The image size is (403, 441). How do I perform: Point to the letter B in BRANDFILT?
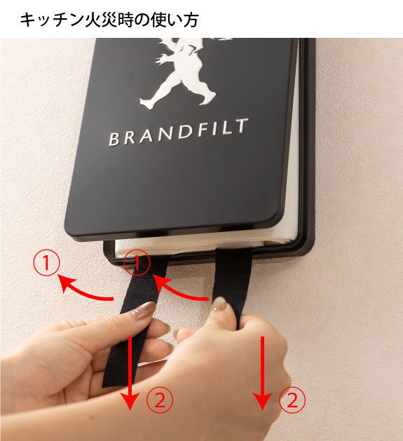pyautogui.click(x=114, y=139)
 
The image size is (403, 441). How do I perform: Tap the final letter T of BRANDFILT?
pyautogui.click(x=242, y=125)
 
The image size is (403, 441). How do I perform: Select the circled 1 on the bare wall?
pyautogui.click(x=46, y=263)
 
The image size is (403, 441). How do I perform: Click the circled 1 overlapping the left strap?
pyautogui.click(x=137, y=263)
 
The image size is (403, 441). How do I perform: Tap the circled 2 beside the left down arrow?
pyautogui.click(x=160, y=400)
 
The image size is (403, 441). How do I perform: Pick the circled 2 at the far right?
pyautogui.click(x=292, y=400)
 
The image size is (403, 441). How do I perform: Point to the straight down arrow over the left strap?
pyautogui.click(x=130, y=373)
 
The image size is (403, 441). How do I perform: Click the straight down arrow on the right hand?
pyautogui.click(x=262, y=373)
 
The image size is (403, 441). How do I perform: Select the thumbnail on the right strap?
pyautogui.click(x=219, y=304)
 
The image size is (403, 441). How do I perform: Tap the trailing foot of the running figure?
pyautogui.click(x=147, y=103)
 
